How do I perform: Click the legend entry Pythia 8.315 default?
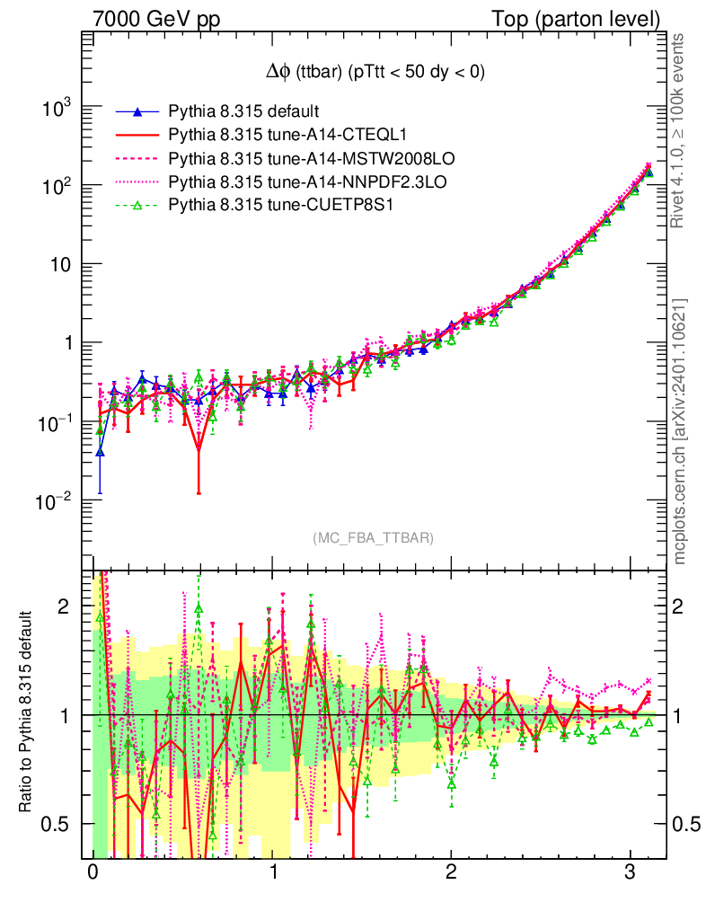pyautogui.click(x=243, y=112)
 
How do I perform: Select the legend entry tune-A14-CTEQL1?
pyautogui.click(x=269, y=136)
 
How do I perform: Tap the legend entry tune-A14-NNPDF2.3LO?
pyautogui.click(x=308, y=182)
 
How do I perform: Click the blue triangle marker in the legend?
pyautogui.click(x=137, y=112)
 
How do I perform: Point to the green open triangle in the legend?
pyautogui.click(x=137, y=206)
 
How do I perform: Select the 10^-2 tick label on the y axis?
pyautogui.click(x=56, y=501)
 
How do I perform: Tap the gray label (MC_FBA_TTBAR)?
pyautogui.click(x=374, y=537)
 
